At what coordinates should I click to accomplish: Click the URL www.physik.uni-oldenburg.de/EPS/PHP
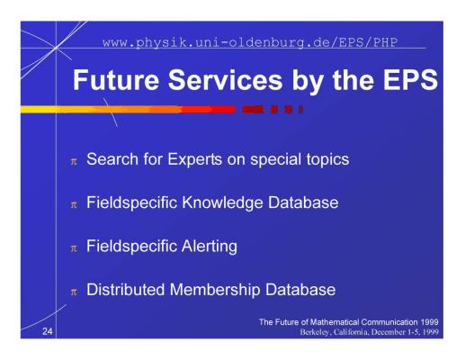pos(250,42)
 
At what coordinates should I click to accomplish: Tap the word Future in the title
pos(116,80)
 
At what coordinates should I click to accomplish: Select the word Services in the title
pos(225,80)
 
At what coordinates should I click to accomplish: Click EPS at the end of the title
pos(410,80)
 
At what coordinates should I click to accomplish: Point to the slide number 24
pos(48,331)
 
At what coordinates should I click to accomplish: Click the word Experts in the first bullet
pos(194,159)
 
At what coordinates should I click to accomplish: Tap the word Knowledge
pos(223,202)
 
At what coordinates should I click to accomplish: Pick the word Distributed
pos(125,290)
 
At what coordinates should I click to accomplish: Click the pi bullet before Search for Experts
pos(74,162)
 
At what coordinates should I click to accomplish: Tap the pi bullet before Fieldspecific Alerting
pos(74,248)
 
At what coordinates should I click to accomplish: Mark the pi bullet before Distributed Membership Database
pos(74,292)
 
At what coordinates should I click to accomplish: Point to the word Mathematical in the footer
pos(335,322)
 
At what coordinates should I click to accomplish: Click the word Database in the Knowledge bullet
pos(303,202)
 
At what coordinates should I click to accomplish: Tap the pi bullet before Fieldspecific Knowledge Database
pos(74,205)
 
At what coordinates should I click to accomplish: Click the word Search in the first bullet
pos(112,159)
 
